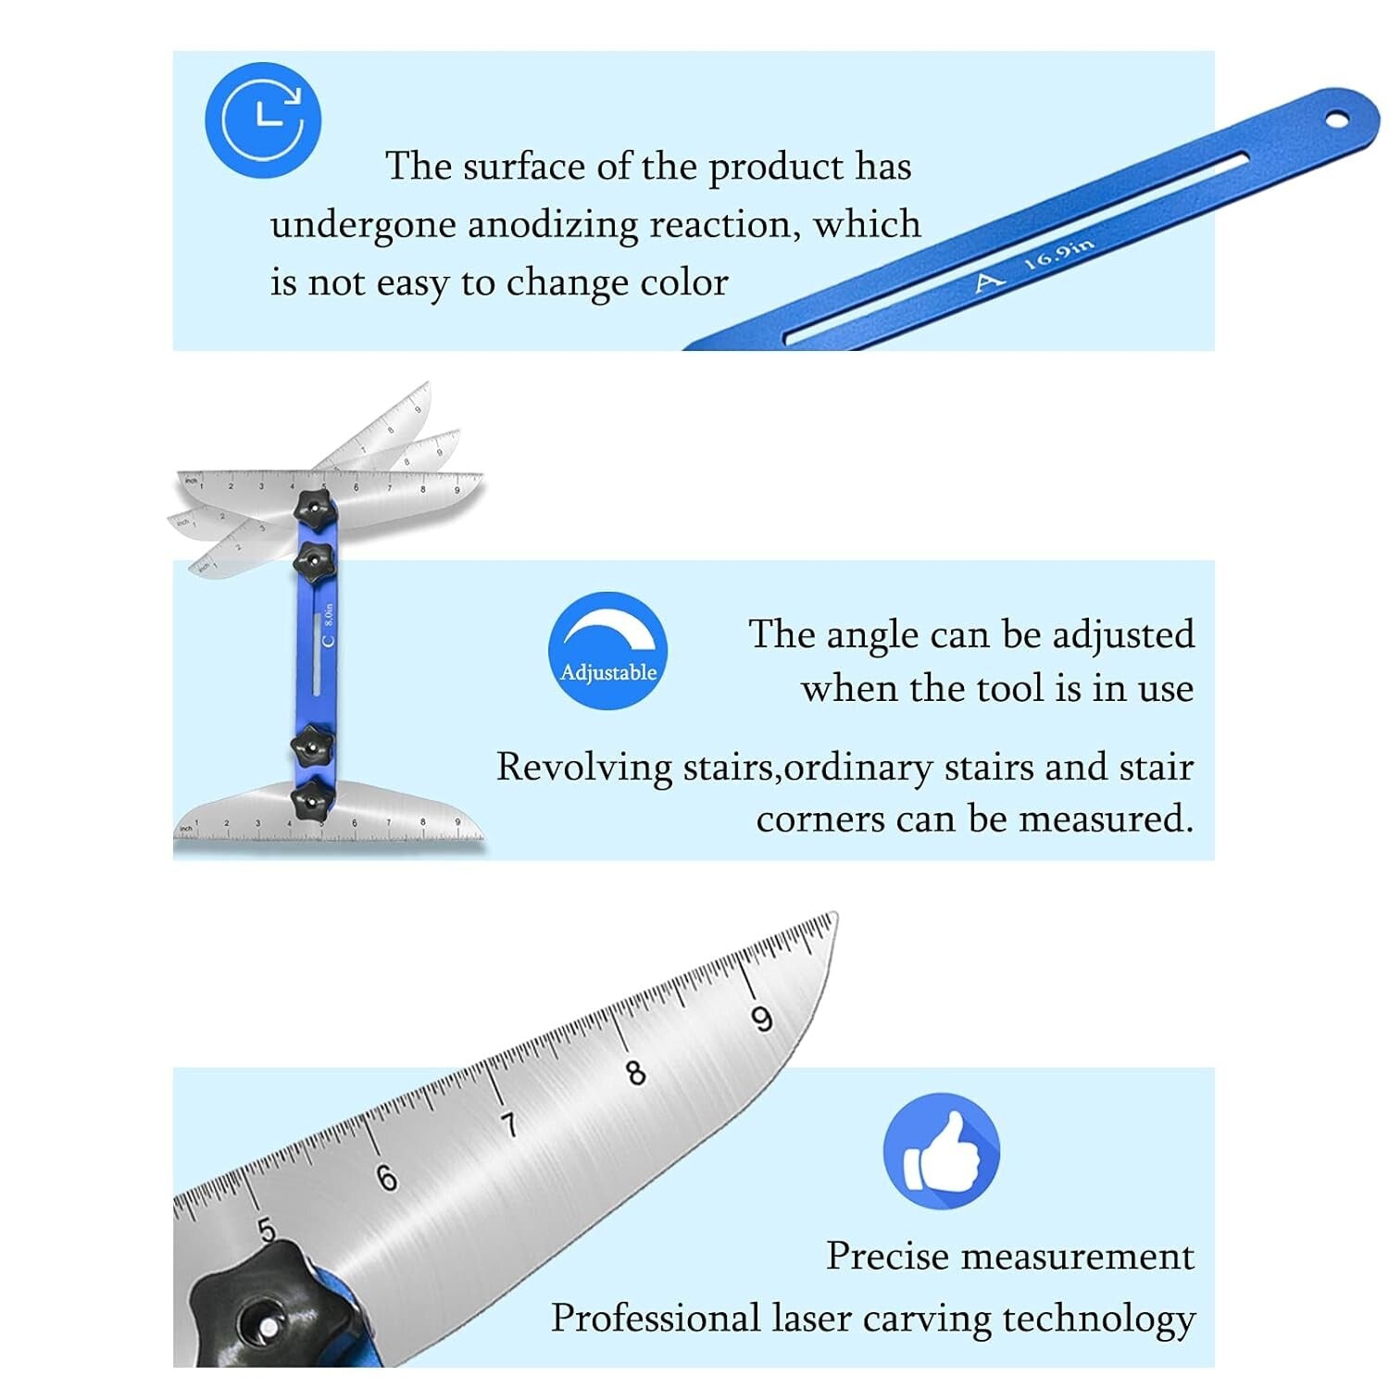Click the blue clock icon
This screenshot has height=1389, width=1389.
click(x=263, y=120)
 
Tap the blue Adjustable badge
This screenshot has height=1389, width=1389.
click(x=607, y=651)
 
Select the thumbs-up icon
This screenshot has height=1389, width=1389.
click(x=942, y=1151)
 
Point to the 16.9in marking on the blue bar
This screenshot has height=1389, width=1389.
click(x=1059, y=254)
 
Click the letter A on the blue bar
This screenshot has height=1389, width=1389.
click(x=989, y=281)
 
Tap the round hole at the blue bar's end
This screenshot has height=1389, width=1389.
click(x=1338, y=119)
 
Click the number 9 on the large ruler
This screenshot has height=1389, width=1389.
click(x=761, y=1020)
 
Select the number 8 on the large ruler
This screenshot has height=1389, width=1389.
click(x=635, y=1072)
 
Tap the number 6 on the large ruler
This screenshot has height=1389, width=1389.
click(x=387, y=1177)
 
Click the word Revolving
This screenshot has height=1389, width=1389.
click(x=584, y=768)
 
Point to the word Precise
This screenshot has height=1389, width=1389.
click(x=886, y=1257)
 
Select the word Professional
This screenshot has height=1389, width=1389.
click(x=655, y=1318)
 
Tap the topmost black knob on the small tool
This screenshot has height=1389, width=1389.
click(x=312, y=507)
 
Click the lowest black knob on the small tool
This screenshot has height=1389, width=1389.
click(x=312, y=797)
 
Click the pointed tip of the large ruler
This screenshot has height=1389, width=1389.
click(x=835, y=916)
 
